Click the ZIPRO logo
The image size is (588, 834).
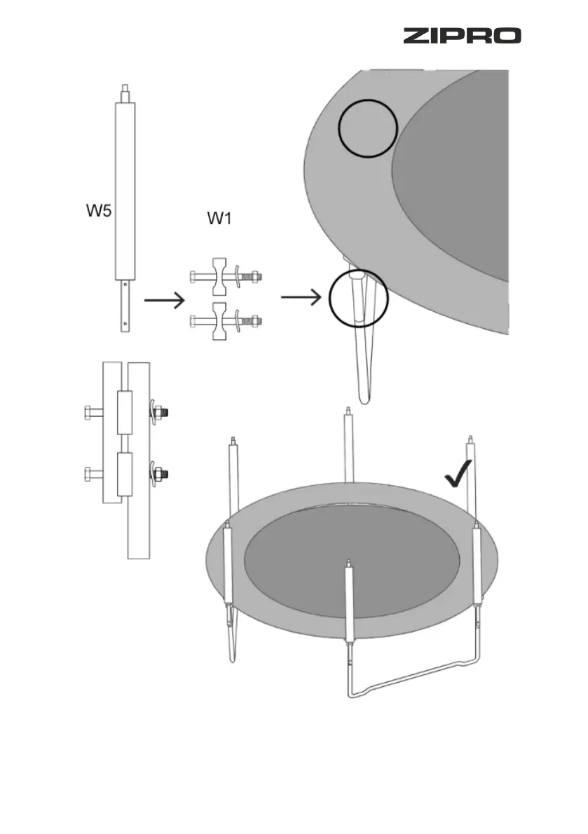coord(461,36)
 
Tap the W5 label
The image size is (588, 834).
coord(98,211)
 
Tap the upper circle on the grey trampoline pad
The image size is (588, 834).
coord(368,128)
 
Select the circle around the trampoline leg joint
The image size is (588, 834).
coord(359,299)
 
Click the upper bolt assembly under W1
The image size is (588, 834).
coord(225,278)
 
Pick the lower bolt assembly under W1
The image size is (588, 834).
coord(225,322)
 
